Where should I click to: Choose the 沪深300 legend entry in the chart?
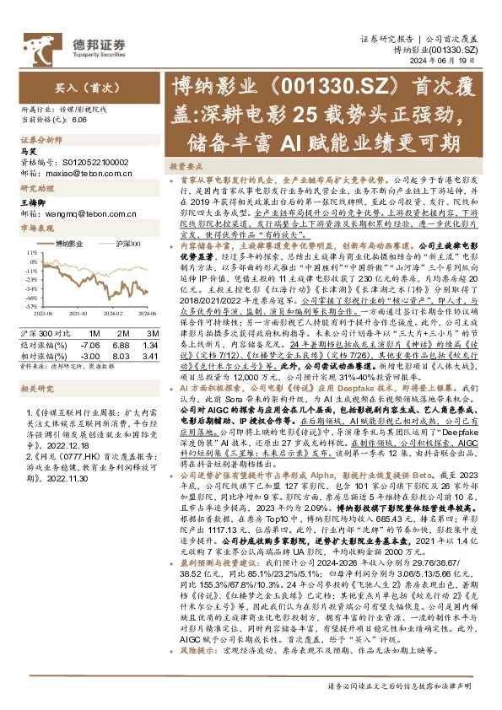(126, 243)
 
